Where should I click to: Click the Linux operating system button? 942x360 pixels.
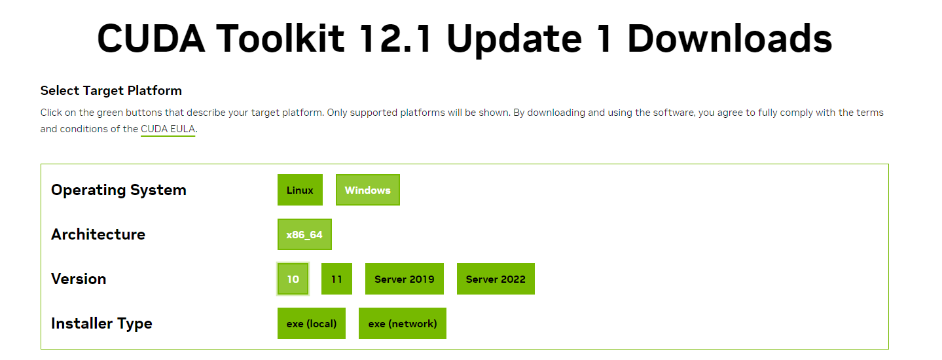pyautogui.click(x=300, y=190)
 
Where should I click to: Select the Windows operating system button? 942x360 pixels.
pyautogui.click(x=367, y=190)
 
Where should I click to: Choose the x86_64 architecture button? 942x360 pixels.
pyautogui.click(x=304, y=234)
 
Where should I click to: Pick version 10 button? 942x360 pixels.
pyautogui.click(x=293, y=279)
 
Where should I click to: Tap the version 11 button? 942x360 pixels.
pyautogui.click(x=336, y=279)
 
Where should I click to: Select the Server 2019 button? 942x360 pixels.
pyautogui.click(x=404, y=279)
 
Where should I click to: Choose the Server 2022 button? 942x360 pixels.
pyautogui.click(x=496, y=279)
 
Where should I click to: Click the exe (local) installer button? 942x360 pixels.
pyautogui.click(x=312, y=323)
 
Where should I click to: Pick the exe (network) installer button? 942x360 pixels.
pyautogui.click(x=402, y=323)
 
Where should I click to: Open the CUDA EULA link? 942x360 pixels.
pyautogui.click(x=168, y=129)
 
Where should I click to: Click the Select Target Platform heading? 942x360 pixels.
pyautogui.click(x=111, y=90)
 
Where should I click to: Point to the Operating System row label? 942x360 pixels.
pyautogui.click(x=118, y=190)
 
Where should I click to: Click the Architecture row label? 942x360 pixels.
pyautogui.click(x=98, y=234)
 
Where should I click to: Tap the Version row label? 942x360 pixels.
pyautogui.click(x=79, y=279)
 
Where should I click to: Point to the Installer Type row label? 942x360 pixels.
pyautogui.click(x=101, y=323)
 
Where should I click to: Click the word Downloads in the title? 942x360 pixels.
pyautogui.click(x=729, y=39)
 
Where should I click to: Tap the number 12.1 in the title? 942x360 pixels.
pyautogui.click(x=395, y=39)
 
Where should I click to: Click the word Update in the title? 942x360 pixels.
pyautogui.click(x=514, y=39)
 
